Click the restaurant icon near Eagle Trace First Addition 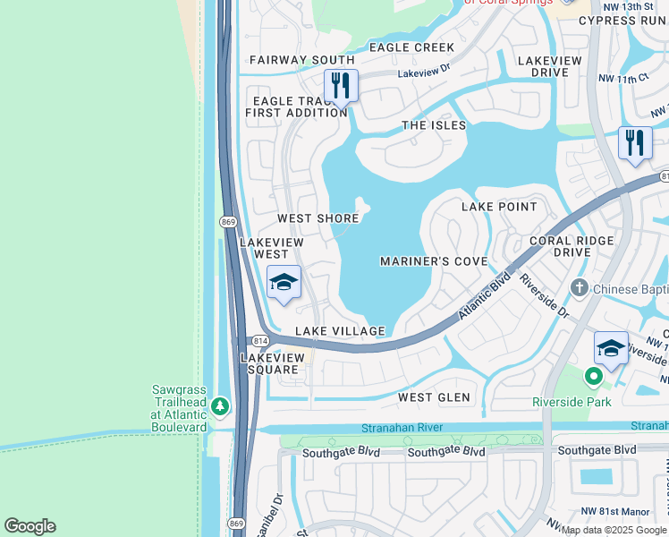coord(340,87)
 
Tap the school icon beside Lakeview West coord(284,284)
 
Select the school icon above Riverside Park coord(611,348)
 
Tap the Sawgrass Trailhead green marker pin coord(220,407)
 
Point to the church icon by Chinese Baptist coord(579,288)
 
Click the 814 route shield coord(259,341)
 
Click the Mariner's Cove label coord(434,261)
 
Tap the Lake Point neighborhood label coord(499,207)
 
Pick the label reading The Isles coord(434,125)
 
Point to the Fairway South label coord(302,60)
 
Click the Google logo coord(30,526)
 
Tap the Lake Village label coord(340,331)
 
